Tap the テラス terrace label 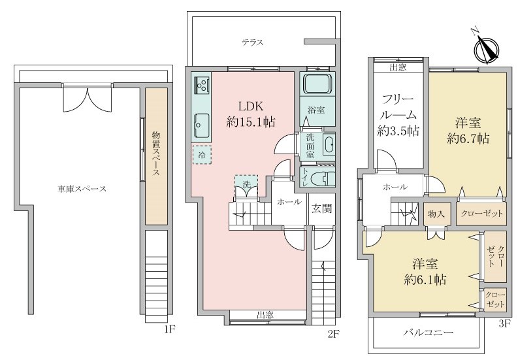pyautogui.click(x=252, y=42)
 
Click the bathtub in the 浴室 pyautogui.click(x=317, y=85)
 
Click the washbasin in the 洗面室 pyautogui.click(x=329, y=145)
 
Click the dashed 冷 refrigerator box pyautogui.click(x=202, y=155)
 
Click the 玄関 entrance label pyautogui.click(x=321, y=209)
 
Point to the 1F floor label pyautogui.click(x=169, y=329)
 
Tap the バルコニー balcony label pyautogui.click(x=428, y=333)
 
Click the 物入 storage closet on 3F pyautogui.click(x=436, y=214)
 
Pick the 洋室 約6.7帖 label pyautogui.click(x=468, y=130)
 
